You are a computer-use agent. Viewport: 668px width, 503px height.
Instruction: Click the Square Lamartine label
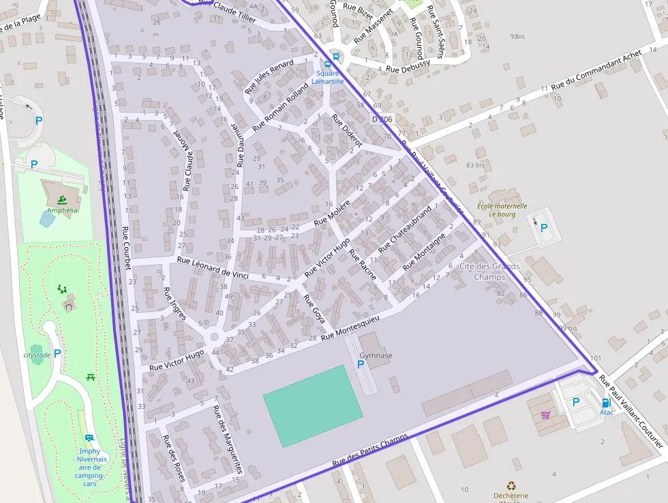[x=327, y=77]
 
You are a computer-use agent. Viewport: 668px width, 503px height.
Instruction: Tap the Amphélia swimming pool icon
[x=62, y=199]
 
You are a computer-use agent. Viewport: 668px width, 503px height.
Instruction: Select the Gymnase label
[x=376, y=356]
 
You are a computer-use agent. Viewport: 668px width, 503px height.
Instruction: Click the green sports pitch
[x=313, y=405]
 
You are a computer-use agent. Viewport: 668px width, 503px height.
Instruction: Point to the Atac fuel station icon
[x=606, y=403]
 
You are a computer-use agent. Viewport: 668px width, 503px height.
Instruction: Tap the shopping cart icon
[x=545, y=414]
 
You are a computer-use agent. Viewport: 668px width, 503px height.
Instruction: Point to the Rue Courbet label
[x=126, y=247]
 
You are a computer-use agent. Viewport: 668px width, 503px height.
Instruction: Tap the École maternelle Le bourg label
[x=502, y=210]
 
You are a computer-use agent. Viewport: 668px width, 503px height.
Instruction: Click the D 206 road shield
[x=382, y=119]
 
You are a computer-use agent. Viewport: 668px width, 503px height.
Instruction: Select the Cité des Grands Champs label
[x=489, y=272]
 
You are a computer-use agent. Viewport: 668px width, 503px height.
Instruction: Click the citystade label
[x=37, y=356]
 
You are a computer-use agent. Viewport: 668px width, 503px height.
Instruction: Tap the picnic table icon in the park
[x=91, y=377]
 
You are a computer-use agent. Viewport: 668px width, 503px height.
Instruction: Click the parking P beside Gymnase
[x=361, y=365]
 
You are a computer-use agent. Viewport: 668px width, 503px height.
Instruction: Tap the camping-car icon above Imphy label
[x=89, y=438]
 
